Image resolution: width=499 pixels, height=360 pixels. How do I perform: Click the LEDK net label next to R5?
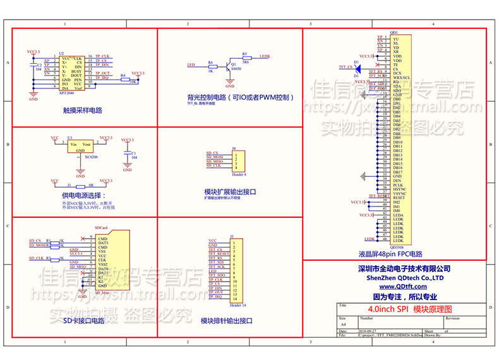click(x=265, y=56)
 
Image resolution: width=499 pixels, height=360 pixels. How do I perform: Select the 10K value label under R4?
click(x=133, y=82)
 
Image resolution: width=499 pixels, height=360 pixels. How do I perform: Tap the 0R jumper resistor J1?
click(x=80, y=187)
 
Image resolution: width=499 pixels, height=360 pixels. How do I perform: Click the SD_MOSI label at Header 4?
click(x=215, y=157)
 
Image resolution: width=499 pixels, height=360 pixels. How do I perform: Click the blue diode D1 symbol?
click(x=357, y=66)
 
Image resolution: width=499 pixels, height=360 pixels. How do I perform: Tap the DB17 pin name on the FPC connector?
click(x=397, y=172)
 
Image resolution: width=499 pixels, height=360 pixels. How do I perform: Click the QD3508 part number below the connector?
click(x=398, y=248)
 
